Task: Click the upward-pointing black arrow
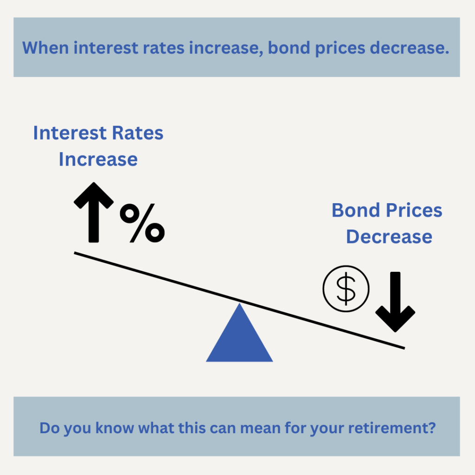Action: (x=94, y=212)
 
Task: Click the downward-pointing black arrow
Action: (x=395, y=302)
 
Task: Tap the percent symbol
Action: (x=142, y=223)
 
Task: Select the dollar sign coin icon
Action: (x=346, y=289)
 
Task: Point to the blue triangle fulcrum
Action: (x=239, y=336)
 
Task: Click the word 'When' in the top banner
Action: (x=45, y=48)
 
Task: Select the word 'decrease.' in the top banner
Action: (x=410, y=48)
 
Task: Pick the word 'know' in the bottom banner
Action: (x=115, y=428)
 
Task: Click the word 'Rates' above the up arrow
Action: (x=137, y=133)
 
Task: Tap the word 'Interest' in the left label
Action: (x=70, y=133)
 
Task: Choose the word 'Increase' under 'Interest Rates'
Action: (x=98, y=160)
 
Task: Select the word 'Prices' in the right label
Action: (x=414, y=210)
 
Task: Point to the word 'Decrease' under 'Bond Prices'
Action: (x=389, y=237)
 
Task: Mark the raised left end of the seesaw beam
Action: (x=75, y=253)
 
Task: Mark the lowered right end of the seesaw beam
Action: (x=404, y=348)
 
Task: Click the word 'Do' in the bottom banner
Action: (x=49, y=428)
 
